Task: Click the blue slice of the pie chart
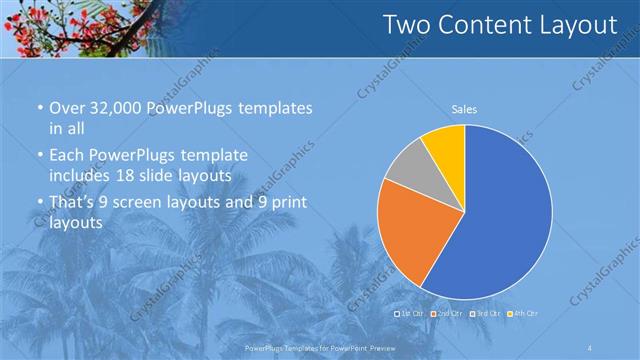click(x=500, y=220)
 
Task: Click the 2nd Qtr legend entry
click(x=447, y=313)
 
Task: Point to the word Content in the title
click(x=485, y=25)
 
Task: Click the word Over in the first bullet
click(x=67, y=108)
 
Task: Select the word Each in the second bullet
click(x=67, y=156)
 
